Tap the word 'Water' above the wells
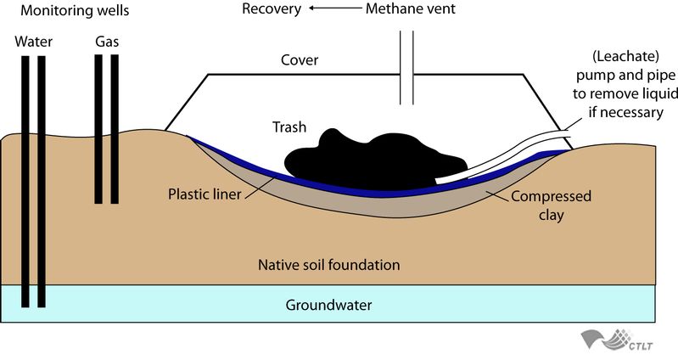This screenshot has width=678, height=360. pos(33,41)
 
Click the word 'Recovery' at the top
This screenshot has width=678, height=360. pos(271,10)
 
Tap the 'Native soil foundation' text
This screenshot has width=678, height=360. pos(328,265)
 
